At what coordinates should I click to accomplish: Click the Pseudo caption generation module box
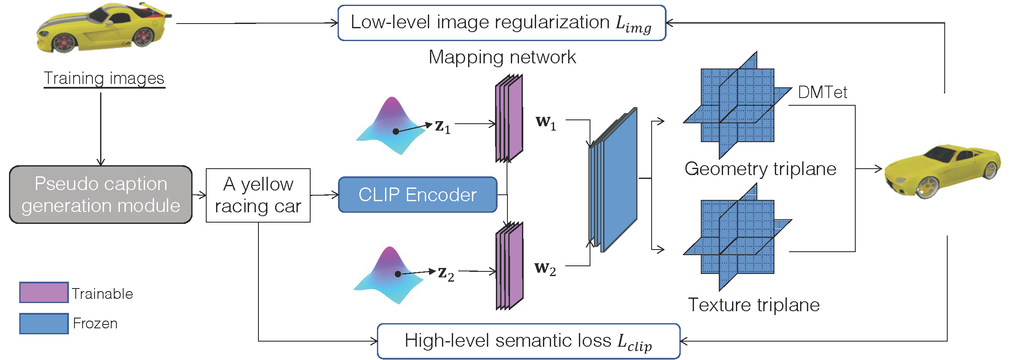click(x=101, y=195)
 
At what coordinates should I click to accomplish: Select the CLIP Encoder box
click(x=417, y=195)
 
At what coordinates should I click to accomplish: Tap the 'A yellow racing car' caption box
click(x=258, y=195)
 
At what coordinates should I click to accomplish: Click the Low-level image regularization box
click(x=501, y=23)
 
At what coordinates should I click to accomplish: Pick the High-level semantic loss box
click(x=528, y=341)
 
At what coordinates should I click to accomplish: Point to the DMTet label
click(x=822, y=92)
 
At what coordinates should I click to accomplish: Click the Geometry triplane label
click(x=760, y=169)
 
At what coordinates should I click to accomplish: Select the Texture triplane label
click(x=754, y=305)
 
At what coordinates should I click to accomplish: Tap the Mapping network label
click(x=502, y=57)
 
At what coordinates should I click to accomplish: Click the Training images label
click(x=104, y=78)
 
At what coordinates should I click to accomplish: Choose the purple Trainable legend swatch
click(x=44, y=292)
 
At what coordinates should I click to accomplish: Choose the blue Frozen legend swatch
click(x=44, y=323)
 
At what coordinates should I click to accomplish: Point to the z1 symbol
click(x=442, y=127)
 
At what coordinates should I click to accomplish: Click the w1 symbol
click(x=546, y=123)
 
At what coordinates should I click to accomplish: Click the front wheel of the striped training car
click(x=65, y=43)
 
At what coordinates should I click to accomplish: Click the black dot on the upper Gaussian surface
click(x=396, y=131)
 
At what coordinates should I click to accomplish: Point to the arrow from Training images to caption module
click(x=101, y=128)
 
